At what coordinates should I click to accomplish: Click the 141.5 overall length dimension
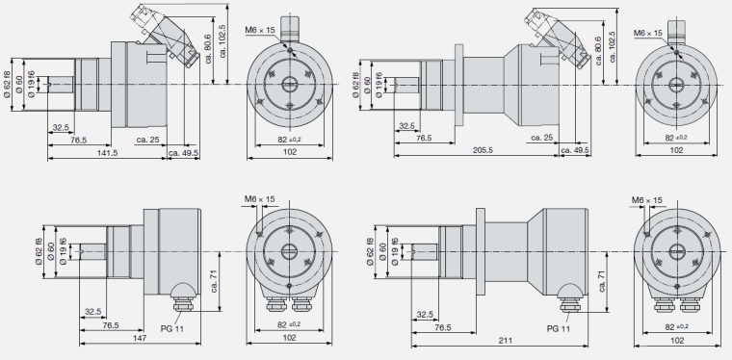(107, 153)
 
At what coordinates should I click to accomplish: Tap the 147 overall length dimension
(140, 338)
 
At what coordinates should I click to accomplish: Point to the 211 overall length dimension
(505, 341)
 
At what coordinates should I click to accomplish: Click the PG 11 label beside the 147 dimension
(172, 329)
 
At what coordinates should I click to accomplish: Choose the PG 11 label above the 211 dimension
(559, 329)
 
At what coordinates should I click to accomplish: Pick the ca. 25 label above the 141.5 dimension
(148, 140)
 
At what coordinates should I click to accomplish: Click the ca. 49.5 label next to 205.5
(575, 150)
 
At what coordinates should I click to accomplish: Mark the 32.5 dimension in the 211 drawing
(425, 315)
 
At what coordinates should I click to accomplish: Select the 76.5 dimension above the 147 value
(111, 325)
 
